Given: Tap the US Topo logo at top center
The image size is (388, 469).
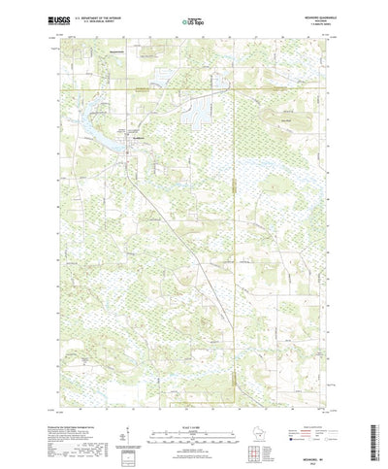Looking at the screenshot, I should click(194, 19).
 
